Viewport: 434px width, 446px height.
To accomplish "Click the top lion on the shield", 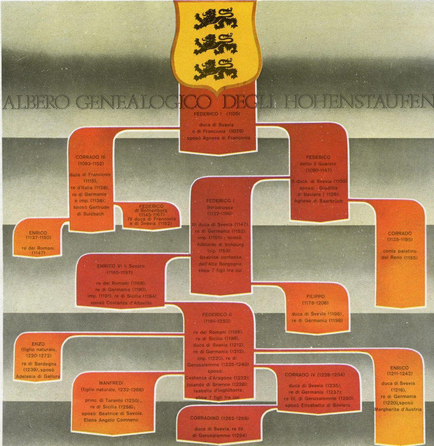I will point(215,20).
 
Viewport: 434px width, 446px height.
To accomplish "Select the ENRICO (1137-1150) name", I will point(38,232).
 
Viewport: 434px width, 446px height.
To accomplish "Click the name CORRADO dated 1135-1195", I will point(399,233).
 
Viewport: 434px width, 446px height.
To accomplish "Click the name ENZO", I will point(39,342).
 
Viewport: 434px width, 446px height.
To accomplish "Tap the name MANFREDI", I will point(111,383).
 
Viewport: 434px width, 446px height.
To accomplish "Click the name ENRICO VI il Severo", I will point(121,267).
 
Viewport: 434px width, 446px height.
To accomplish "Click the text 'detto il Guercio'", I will point(318,164).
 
